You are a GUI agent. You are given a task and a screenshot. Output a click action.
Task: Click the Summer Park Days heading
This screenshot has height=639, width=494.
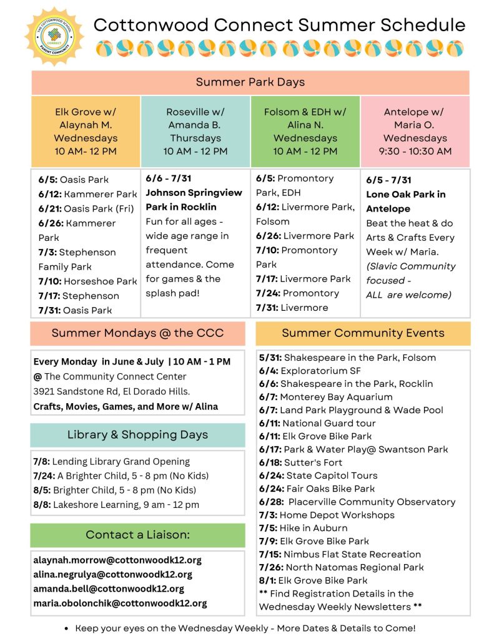250,82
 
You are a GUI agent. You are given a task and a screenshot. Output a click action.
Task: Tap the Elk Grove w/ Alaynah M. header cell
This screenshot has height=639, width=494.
86,132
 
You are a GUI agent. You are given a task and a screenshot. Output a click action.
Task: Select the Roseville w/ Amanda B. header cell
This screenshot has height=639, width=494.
195,132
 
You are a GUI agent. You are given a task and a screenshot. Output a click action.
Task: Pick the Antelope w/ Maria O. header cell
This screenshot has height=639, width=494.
415,132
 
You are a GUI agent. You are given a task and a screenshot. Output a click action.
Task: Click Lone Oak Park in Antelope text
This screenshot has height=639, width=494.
405,202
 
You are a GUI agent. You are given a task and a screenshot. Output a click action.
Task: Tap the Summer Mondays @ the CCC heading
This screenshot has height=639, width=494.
137,333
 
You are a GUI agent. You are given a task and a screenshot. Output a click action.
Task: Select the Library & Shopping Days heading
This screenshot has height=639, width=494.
137,435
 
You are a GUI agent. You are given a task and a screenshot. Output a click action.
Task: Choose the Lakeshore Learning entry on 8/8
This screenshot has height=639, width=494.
116,505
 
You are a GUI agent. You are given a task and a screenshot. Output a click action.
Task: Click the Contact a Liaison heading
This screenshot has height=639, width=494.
137,535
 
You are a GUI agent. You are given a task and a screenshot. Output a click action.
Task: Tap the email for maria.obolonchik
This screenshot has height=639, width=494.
120,603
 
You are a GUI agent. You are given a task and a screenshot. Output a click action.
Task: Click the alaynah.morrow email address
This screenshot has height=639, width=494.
117,560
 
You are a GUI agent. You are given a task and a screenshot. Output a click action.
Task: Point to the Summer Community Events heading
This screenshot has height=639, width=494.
363,333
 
